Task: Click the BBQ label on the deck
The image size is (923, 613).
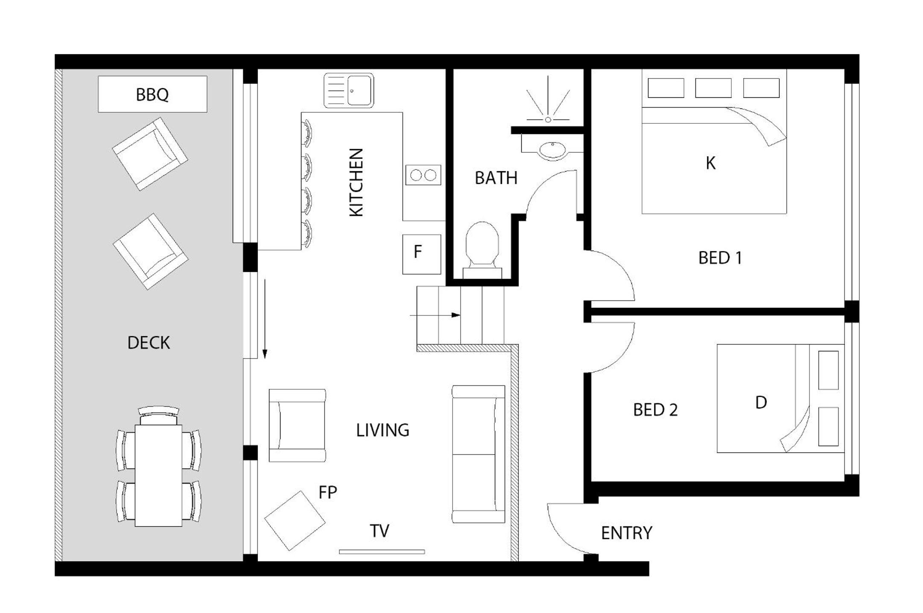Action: pos(152,94)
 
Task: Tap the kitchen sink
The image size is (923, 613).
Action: pos(349,90)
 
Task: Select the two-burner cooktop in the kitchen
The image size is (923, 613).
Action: pos(423,175)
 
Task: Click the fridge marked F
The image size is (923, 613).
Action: pos(422,254)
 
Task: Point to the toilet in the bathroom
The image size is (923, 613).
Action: pos(482,250)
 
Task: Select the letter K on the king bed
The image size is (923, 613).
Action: pos(710,163)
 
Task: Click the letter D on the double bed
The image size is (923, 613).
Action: pos(761,403)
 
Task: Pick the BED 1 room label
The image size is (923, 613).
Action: pos(720,258)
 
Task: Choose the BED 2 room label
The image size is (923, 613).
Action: pos(655,410)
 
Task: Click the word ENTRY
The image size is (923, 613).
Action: pos(627,533)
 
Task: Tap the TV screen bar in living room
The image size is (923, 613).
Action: pos(382,552)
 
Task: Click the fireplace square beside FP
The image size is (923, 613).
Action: pos(295,521)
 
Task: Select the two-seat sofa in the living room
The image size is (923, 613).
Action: pos(479,454)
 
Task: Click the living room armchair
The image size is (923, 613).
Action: pos(297,425)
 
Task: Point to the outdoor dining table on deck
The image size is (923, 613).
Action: pos(158,476)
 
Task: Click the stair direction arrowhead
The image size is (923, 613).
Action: pos(456,315)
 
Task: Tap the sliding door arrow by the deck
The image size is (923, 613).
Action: pos(265,319)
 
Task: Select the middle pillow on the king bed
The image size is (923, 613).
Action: pos(713,88)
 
